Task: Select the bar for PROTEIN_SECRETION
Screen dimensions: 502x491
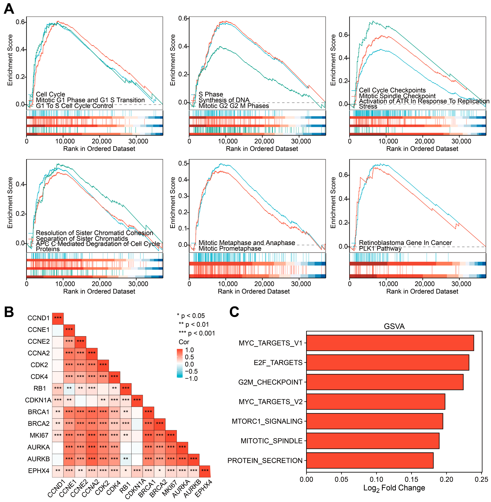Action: point(370,460)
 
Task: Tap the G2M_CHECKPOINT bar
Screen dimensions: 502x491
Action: point(385,382)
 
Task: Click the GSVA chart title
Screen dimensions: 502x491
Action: point(394,326)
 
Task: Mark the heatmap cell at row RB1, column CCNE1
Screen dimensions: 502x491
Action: point(69,389)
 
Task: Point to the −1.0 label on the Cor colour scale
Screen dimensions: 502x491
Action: point(191,378)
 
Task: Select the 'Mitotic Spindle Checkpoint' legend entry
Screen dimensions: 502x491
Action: point(397,96)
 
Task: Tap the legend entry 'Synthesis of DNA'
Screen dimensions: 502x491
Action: point(224,100)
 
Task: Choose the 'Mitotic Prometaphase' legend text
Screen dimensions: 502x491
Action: point(230,248)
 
